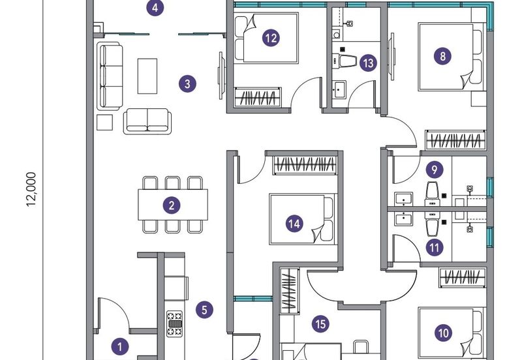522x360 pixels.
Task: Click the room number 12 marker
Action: pos(271,38)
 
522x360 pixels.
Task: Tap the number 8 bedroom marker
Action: pos(442,56)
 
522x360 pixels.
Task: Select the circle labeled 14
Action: pos(294,224)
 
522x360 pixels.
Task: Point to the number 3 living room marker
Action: pos(187,84)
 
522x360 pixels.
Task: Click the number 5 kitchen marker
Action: pos(204,310)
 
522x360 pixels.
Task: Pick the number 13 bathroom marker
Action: pos(368,63)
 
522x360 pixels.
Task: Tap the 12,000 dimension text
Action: pos(31,189)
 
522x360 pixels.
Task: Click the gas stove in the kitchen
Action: pos(175,323)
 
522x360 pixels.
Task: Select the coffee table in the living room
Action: pos(147,76)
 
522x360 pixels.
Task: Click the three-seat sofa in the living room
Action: pos(110,76)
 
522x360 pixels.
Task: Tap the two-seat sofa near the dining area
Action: pos(147,121)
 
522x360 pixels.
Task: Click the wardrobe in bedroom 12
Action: pos(258,97)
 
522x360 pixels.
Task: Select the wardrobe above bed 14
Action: pos(305,165)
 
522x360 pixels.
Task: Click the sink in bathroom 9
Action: pos(403,199)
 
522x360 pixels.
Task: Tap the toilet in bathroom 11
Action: pos(433,226)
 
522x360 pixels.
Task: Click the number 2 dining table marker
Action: pos(172,205)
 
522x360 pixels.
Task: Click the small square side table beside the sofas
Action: pos(105,122)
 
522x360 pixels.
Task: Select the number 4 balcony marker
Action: pos(155,7)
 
